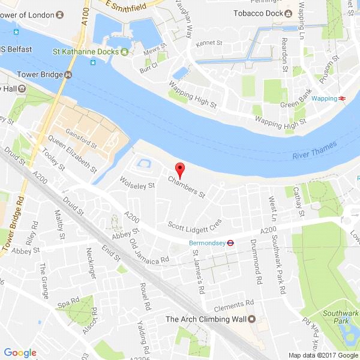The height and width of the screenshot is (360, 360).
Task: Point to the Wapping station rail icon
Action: [x=341, y=98]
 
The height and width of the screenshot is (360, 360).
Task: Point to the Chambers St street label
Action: [x=187, y=186]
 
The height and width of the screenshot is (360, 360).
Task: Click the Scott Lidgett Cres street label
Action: [x=194, y=226]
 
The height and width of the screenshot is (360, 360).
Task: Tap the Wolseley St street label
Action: [x=137, y=181]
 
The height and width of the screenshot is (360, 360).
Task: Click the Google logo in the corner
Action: [x=20, y=352]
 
